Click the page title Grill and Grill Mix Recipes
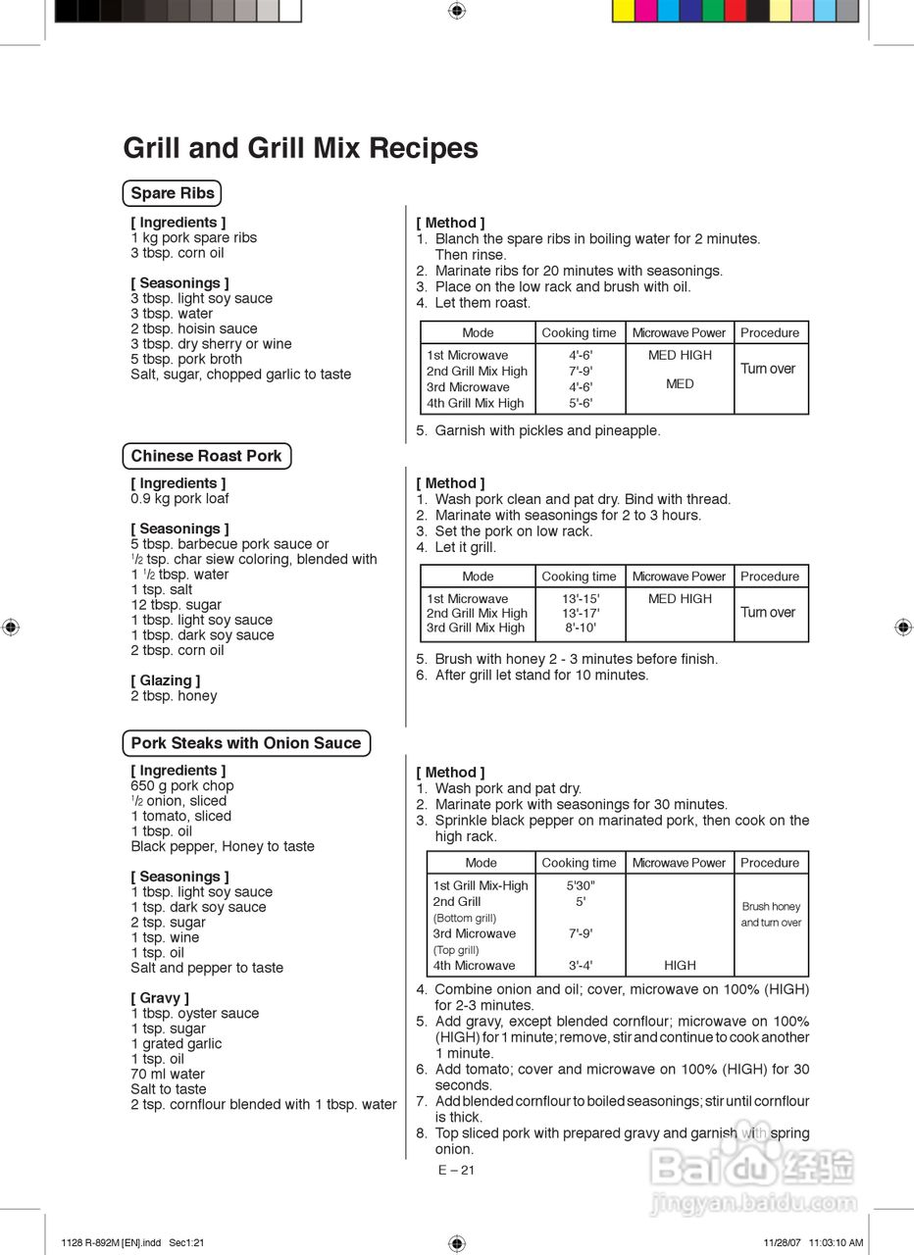[x=300, y=148]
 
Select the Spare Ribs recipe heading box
[x=173, y=193]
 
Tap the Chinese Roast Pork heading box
[x=206, y=456]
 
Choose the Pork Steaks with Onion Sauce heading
[x=246, y=743]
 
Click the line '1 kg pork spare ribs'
[x=193, y=237]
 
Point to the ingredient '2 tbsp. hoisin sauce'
[x=193, y=328]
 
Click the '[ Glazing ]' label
[x=165, y=680]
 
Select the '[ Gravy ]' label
[x=160, y=998]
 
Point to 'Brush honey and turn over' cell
[x=771, y=915]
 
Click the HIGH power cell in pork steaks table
[x=680, y=966]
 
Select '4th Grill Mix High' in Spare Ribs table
[x=476, y=403]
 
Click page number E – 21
[x=456, y=1170]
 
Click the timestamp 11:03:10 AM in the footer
[x=836, y=1243]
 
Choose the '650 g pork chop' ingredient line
[x=182, y=785]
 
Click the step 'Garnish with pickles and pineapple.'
[x=547, y=430]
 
